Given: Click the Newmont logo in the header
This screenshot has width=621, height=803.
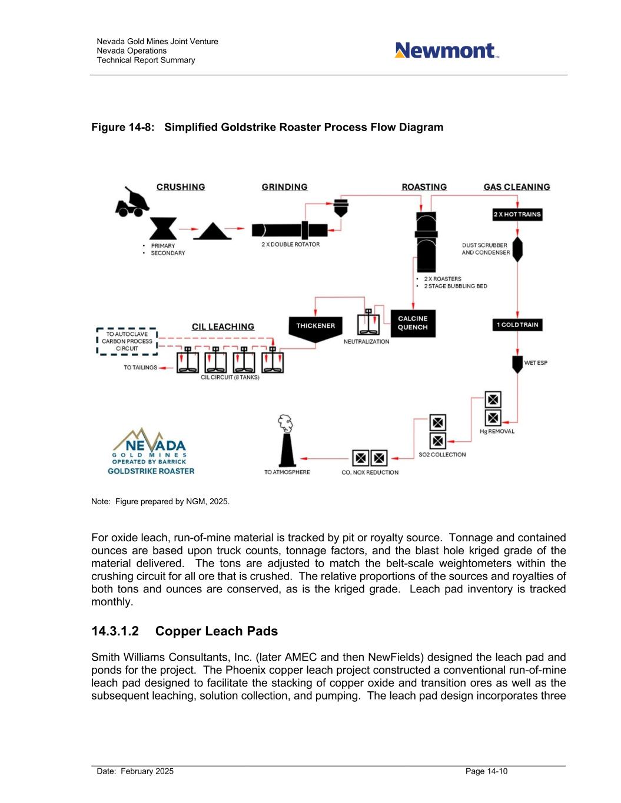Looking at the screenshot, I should pos(446,51).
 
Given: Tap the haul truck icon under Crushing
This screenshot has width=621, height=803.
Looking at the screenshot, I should pos(132,202).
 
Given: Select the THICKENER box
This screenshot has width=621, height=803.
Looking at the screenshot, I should pos(316,327).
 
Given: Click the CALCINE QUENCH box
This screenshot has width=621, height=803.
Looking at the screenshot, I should pos(413,323).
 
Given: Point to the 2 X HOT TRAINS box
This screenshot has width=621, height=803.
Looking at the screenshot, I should pos(517,215).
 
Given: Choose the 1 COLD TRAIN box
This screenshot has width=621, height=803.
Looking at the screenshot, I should pos(517,325).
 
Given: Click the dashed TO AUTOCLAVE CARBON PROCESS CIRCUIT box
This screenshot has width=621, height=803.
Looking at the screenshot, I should pos(127,341).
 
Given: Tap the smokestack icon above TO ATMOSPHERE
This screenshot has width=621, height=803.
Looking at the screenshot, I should pos(287,441).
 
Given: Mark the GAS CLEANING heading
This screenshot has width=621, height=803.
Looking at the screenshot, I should pos(517,187).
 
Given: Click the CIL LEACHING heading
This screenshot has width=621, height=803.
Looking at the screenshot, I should pos(223,327).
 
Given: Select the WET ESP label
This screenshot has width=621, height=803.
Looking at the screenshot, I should pos(536,363).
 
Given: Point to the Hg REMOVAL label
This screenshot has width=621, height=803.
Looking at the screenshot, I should pos(497,432).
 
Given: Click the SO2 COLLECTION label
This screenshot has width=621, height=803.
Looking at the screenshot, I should pos(442,455).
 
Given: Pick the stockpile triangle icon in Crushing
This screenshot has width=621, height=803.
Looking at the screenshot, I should pos(212,231).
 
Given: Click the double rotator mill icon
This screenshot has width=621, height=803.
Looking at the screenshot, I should pos(290,229).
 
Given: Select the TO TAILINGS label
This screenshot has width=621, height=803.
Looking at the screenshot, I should pos(140,368).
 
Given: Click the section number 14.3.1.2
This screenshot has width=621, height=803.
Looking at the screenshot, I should pos(115,631).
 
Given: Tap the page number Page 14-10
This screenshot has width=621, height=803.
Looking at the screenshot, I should pos(486,771).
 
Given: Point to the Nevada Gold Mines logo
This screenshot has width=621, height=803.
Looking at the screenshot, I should pos(150,451).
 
